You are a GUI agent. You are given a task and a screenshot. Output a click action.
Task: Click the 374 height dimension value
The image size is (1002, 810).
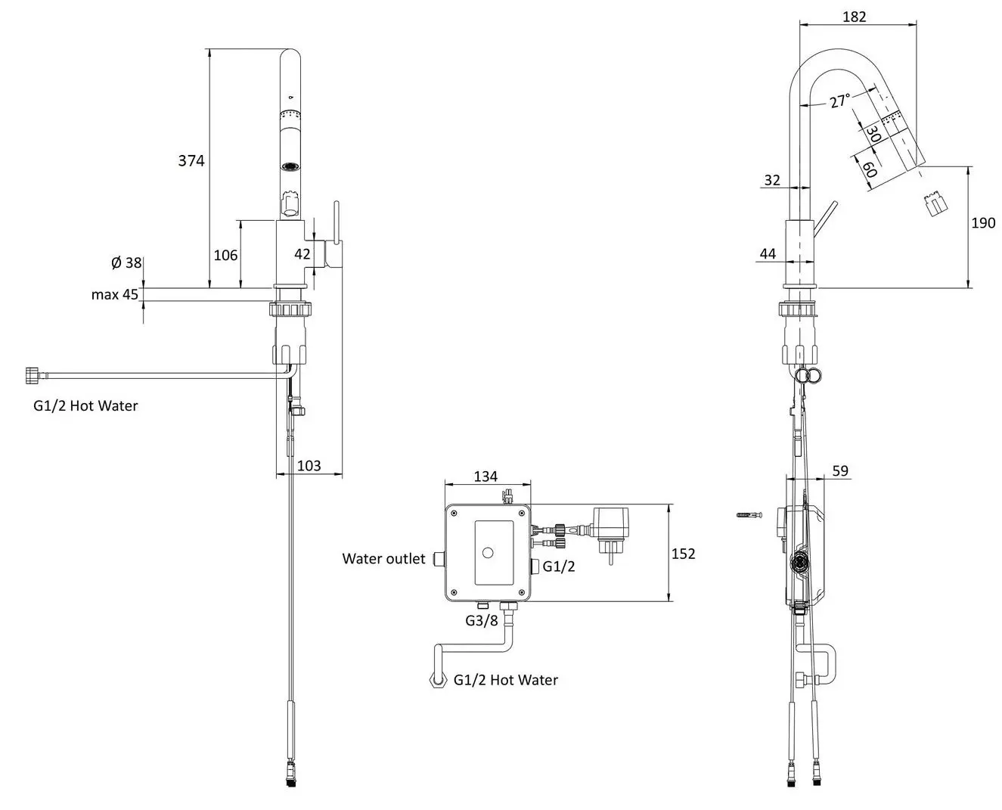[191, 161]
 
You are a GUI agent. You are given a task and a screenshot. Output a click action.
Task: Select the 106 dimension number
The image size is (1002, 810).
[225, 255]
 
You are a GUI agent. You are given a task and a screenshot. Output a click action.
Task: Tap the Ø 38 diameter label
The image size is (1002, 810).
[126, 262]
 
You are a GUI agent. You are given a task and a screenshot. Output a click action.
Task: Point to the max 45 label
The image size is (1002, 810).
[115, 294]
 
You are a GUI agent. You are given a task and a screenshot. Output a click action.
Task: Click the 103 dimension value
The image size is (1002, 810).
[309, 465]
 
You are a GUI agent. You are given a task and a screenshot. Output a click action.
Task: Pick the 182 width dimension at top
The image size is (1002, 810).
[855, 17]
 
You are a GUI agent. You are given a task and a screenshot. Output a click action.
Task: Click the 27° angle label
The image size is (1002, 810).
[839, 101]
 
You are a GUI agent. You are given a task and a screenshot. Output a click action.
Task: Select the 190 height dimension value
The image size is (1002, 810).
[983, 222]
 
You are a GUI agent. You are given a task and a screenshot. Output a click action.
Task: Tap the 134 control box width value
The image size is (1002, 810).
[485, 476]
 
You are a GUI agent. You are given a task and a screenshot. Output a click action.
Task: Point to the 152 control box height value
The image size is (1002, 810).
[683, 554]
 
